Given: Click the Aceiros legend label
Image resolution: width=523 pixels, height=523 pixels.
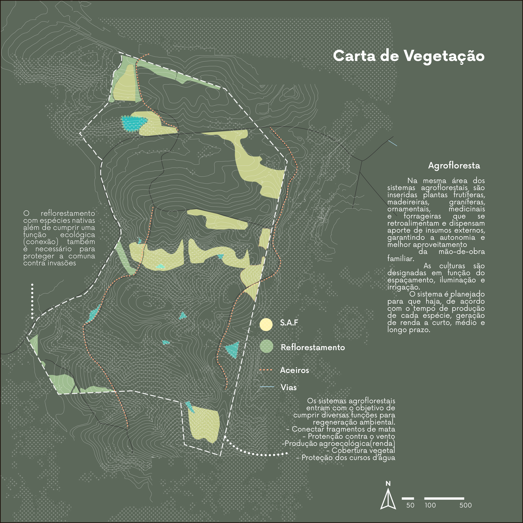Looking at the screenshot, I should tap(294, 370).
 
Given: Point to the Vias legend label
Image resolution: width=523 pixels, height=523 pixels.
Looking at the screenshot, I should tap(288, 387).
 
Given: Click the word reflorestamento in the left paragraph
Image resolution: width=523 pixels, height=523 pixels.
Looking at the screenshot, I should tap(68, 214).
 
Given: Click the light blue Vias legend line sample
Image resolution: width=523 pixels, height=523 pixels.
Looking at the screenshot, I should tap(267, 387).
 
